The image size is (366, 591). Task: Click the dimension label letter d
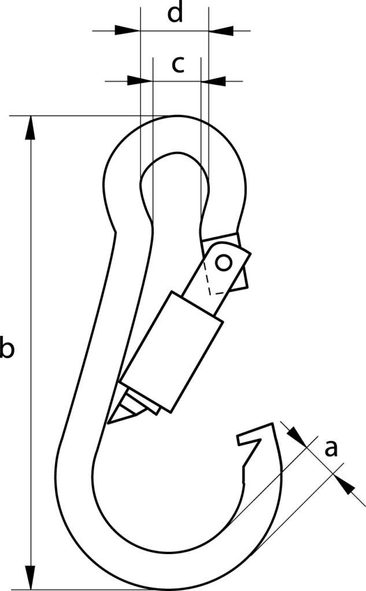point(175,13)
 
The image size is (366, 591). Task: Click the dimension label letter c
point(178,65)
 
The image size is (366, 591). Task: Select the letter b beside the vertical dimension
point(7,348)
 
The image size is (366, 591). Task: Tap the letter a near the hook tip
point(331,449)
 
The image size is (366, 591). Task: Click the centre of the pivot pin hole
point(224,263)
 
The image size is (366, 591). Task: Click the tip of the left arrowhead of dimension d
point(140,31)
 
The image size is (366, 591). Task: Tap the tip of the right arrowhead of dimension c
point(201,81)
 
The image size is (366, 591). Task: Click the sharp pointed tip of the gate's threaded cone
point(108,424)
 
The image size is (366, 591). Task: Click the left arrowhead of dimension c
point(140,81)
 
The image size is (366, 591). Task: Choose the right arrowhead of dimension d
point(221,31)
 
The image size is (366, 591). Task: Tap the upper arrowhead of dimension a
point(297,435)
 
